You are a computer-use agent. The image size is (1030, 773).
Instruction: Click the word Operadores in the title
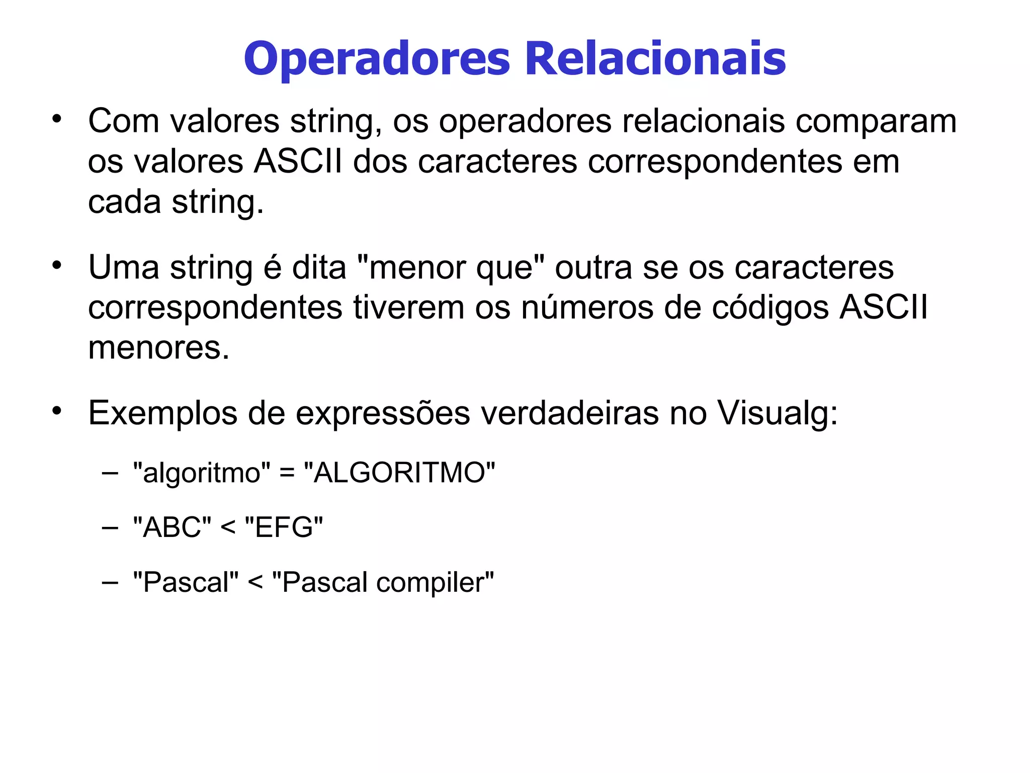[377, 59]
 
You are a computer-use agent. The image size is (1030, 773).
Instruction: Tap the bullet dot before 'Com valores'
[57, 119]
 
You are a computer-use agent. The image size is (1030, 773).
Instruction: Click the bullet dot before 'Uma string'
[57, 265]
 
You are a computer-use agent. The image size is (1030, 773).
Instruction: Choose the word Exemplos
[162, 414]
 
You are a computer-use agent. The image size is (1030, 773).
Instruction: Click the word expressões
[382, 414]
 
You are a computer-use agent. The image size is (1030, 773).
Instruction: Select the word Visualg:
[778, 414]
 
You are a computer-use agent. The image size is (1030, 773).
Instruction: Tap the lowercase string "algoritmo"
[201, 473]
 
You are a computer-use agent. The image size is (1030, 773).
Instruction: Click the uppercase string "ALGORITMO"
[399, 473]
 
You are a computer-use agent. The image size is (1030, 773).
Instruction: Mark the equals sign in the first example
[287, 473]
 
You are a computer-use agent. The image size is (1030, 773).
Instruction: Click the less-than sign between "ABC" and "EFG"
[228, 528]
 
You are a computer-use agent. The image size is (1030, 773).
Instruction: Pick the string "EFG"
[284, 528]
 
